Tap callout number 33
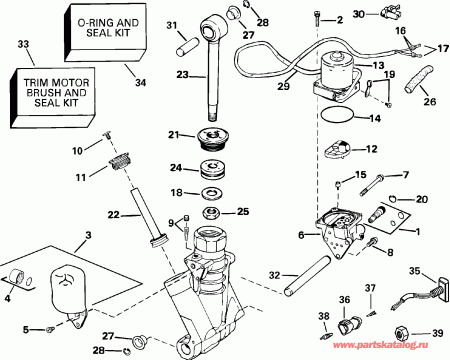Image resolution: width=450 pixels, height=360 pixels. (x=23, y=45)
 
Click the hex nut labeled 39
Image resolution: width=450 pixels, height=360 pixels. (x=402, y=332)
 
